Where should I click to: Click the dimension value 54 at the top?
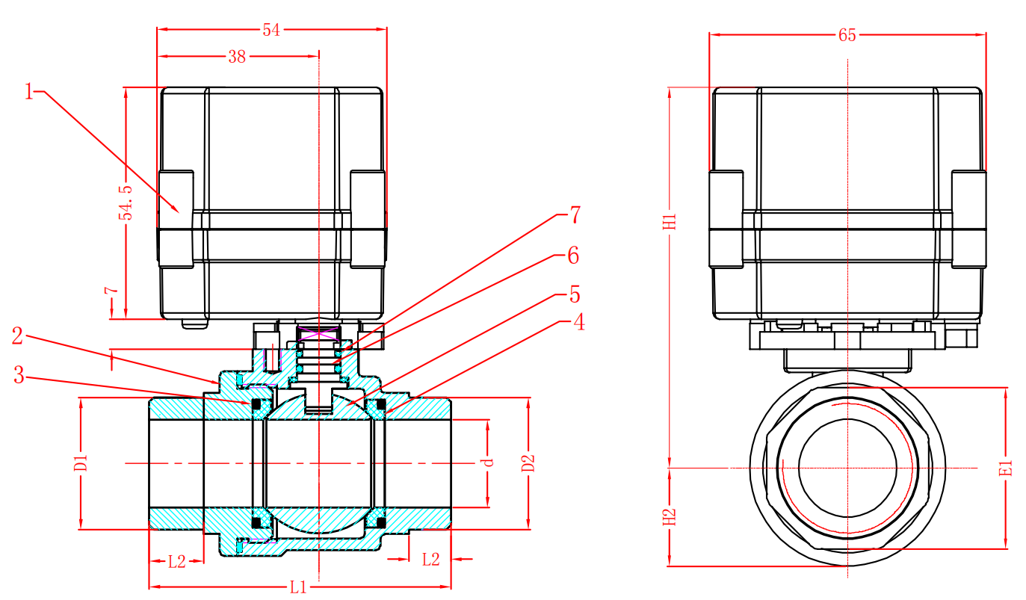271,31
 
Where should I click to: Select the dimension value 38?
237,57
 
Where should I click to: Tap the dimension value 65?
847,35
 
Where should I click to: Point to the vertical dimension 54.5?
127,202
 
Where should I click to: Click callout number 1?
29,93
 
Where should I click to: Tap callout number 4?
577,323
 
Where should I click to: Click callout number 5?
574,294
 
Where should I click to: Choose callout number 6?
572,256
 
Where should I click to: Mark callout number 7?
574,216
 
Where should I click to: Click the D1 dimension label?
81,463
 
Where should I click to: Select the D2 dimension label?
528,463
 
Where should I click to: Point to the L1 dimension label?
298,587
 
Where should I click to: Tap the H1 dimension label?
670,221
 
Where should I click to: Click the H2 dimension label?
670,517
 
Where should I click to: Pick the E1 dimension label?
1006,468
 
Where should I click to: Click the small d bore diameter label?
489,463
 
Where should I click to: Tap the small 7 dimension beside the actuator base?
110,292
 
